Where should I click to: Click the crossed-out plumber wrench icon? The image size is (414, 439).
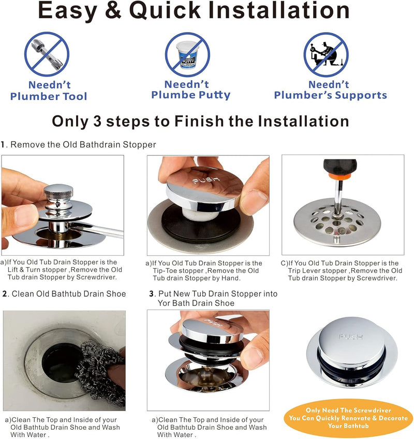click(x=47, y=54)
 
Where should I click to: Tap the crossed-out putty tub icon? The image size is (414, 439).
click(x=187, y=54)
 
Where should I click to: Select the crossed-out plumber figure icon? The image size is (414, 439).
click(x=326, y=54)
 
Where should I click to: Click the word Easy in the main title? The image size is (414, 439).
click(x=67, y=11)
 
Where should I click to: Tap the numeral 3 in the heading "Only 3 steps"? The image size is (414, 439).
click(x=97, y=121)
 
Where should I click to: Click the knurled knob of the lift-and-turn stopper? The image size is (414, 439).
click(x=58, y=192)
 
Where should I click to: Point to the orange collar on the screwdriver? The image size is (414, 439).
click(x=339, y=177)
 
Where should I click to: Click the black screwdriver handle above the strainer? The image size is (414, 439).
click(x=340, y=166)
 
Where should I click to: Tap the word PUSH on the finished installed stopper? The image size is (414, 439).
click(x=351, y=336)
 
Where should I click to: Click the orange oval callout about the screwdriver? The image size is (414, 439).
click(x=348, y=418)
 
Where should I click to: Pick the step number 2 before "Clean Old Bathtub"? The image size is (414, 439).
click(x=5, y=294)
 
